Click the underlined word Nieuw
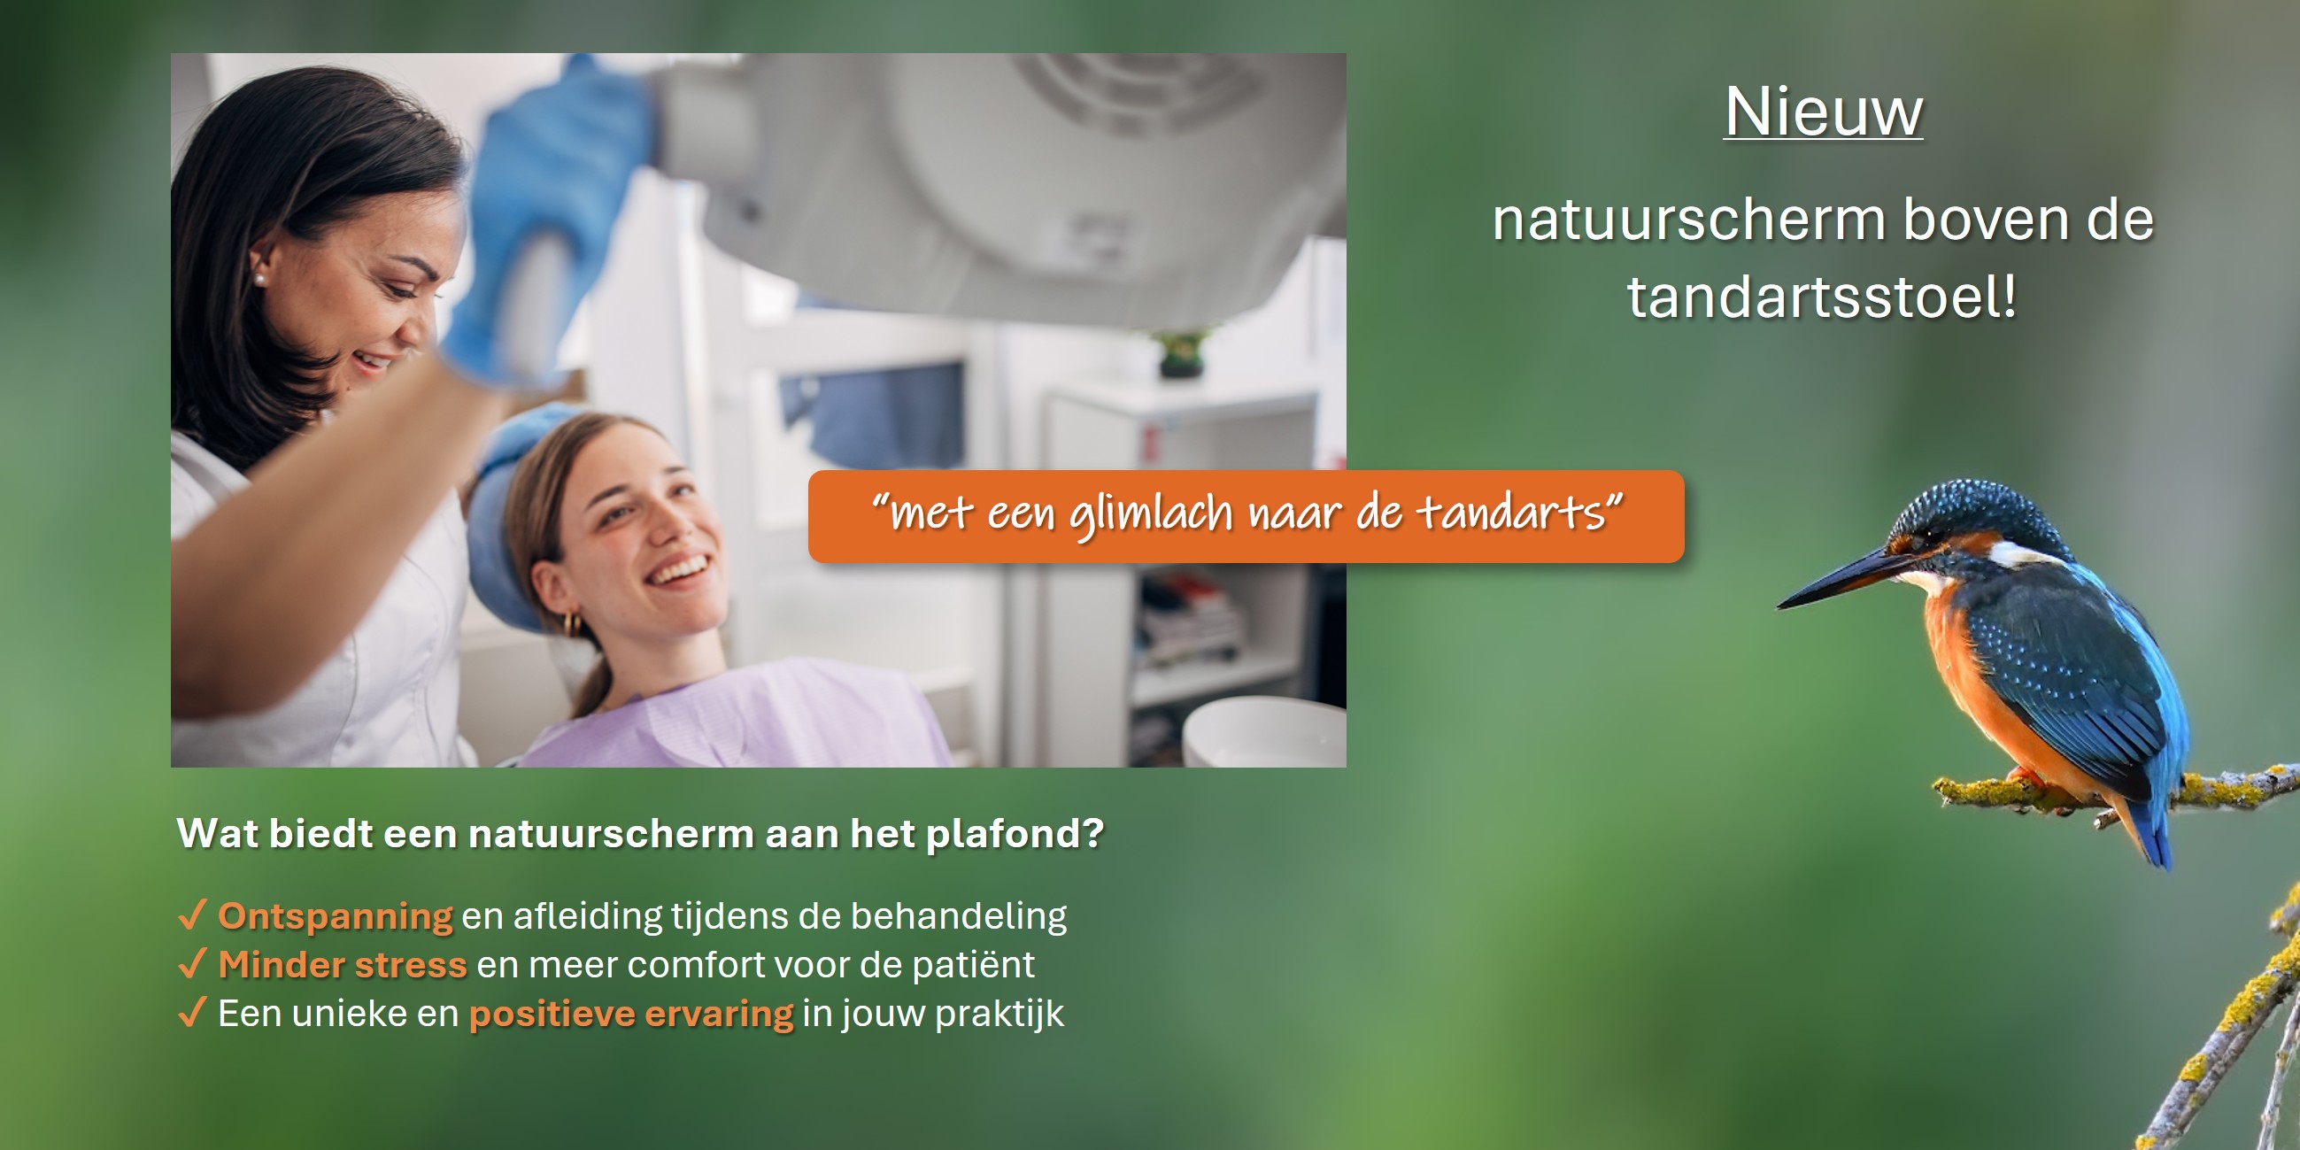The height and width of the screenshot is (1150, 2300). click(1823, 112)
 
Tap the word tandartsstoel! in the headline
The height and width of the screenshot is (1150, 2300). click(1821, 297)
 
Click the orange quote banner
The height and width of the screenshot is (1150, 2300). click(1246, 516)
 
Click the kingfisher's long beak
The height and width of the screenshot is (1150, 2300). click(1840, 581)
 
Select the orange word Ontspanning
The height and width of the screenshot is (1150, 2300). click(336, 917)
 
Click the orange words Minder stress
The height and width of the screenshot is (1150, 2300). click(343, 965)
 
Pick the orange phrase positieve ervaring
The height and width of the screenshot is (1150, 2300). click(631, 1015)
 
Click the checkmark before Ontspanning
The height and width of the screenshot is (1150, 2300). click(193, 915)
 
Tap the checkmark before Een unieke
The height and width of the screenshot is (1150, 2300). click(193, 1013)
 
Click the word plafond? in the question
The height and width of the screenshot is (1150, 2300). click(1015, 834)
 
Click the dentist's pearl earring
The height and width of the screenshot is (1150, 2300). click(259, 280)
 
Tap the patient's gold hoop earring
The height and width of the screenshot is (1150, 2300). click(572, 622)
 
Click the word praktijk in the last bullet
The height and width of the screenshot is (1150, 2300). click(999, 1015)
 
